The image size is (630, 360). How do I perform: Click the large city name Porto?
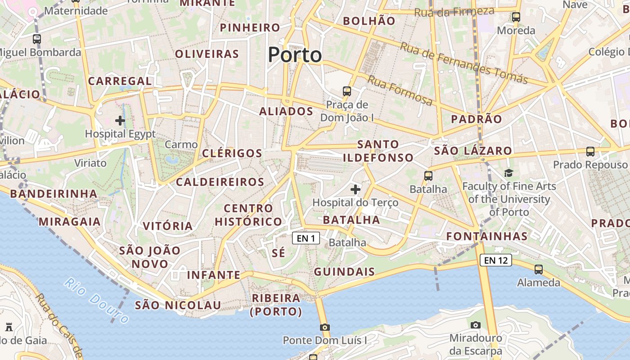coord(295,55)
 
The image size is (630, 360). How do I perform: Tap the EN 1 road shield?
coord(306,238)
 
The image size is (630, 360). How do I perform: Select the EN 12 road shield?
coord(495,260)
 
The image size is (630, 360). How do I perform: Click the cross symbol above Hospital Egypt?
coord(120,120)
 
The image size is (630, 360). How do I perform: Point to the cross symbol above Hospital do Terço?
coord(355,189)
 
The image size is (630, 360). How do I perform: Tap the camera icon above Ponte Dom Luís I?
coord(324,327)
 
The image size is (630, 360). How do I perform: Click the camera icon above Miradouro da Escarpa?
coord(475,325)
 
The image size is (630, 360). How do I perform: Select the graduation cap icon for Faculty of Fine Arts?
coord(508,173)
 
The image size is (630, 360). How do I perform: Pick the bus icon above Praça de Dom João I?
coord(346,91)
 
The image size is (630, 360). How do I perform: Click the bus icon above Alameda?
coord(539,270)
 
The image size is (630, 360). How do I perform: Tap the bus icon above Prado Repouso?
coord(590,152)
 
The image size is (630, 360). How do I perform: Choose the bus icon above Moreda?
coord(516,17)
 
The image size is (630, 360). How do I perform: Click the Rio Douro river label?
coord(96,300)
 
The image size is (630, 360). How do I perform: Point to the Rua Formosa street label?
coord(400,90)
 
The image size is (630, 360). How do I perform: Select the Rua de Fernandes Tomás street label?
coord(463,63)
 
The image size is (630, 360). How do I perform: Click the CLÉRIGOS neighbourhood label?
coord(232,153)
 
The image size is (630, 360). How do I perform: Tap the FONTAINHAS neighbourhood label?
coord(487,236)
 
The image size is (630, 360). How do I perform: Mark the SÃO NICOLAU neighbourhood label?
coord(178,305)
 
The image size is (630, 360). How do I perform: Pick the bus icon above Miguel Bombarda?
coord(37,39)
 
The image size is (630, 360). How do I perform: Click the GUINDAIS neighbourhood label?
coord(344,271)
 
